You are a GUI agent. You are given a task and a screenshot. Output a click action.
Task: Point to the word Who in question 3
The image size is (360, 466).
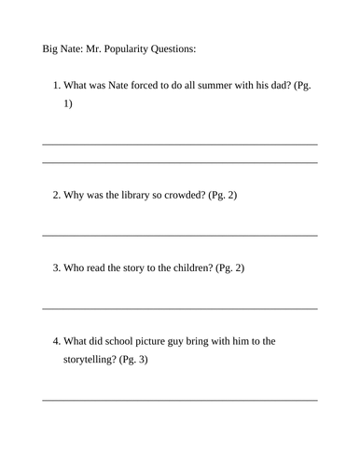[x=75, y=268]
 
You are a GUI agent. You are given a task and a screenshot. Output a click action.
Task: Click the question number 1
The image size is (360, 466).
[x=56, y=87]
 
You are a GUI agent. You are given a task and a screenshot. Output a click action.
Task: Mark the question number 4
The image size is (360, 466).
[x=56, y=341]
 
